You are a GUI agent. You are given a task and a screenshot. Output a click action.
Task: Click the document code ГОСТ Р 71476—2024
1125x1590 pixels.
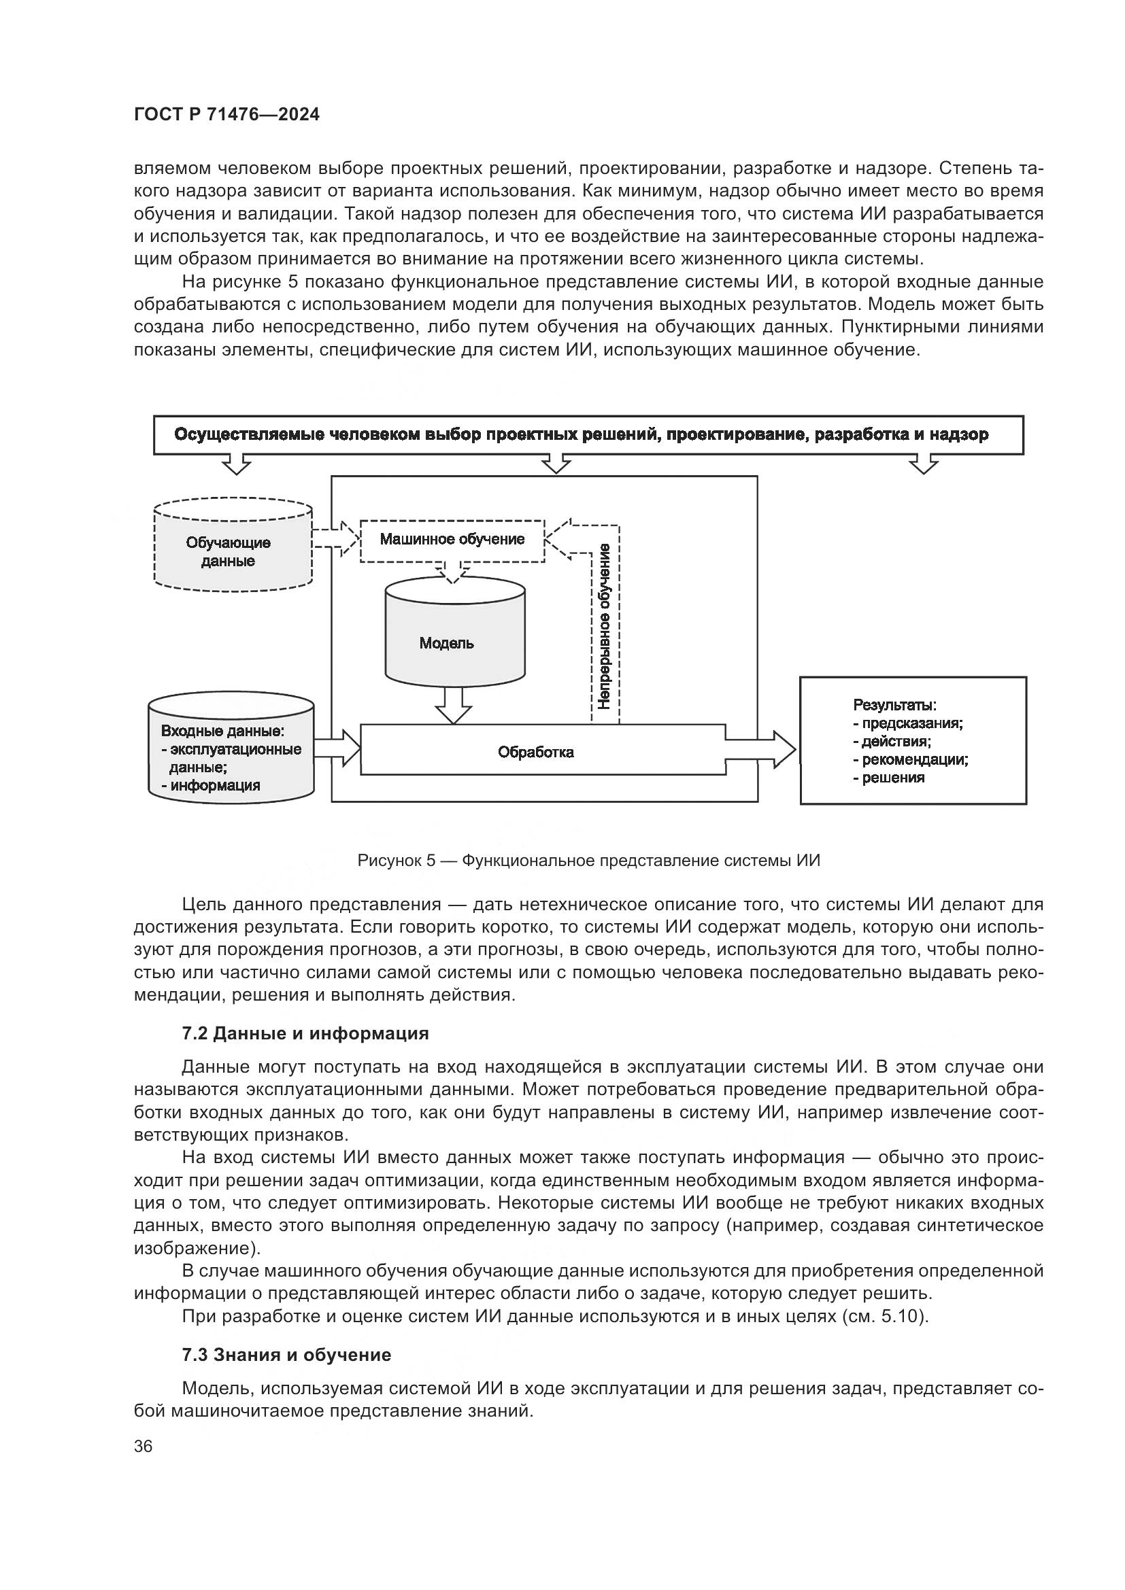coord(226,115)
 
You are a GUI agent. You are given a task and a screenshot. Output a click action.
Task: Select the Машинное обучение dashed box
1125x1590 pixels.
coord(452,540)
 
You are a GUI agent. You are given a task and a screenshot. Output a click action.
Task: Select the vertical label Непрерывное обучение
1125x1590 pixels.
coord(604,627)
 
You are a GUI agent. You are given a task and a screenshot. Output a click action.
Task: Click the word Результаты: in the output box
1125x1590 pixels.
coord(894,705)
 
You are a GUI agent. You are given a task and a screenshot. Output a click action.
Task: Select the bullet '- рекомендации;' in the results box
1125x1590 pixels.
coord(910,760)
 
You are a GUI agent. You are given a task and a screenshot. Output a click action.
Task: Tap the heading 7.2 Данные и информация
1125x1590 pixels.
coord(305,1034)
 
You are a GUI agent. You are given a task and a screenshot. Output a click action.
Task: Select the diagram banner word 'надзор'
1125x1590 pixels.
coord(960,435)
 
